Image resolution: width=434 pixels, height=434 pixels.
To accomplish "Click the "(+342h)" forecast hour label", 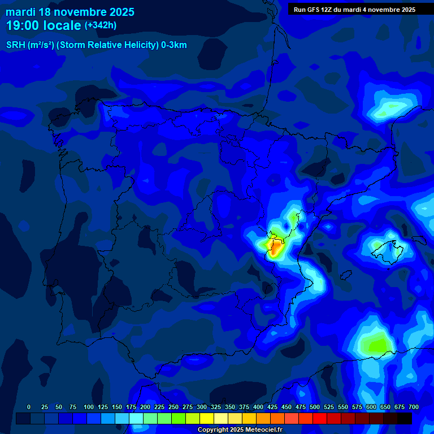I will coord(100,25).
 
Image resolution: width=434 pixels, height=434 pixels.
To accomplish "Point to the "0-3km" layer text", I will coord(174,45).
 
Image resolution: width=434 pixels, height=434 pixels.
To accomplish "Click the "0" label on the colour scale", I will coord(29,407).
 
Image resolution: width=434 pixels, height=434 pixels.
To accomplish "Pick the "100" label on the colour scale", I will coord(89,407).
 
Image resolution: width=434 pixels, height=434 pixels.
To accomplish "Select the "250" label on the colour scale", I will coord(173,407).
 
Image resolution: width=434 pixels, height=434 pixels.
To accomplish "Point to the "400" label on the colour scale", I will coord(258,407).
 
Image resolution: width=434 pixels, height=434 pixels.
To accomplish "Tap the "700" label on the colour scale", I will coord(414,407).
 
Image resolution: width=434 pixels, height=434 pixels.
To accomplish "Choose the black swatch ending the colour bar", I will coord(405,419).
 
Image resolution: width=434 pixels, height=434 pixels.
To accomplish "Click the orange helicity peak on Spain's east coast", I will coord(276,248).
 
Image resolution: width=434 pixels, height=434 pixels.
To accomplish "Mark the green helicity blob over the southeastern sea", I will coord(376,343).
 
